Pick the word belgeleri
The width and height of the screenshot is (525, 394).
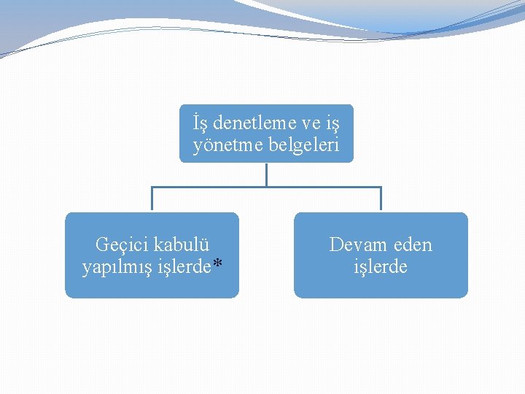(302, 145)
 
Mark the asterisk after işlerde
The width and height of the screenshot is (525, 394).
(217, 266)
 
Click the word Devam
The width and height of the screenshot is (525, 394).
(356, 244)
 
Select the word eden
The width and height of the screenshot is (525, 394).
(412, 244)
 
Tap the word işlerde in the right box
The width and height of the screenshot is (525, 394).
(381, 267)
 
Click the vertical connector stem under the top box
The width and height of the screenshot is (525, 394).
(266, 174)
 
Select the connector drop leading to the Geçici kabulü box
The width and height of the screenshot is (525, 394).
(152, 199)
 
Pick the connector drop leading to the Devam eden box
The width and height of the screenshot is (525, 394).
(381, 199)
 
